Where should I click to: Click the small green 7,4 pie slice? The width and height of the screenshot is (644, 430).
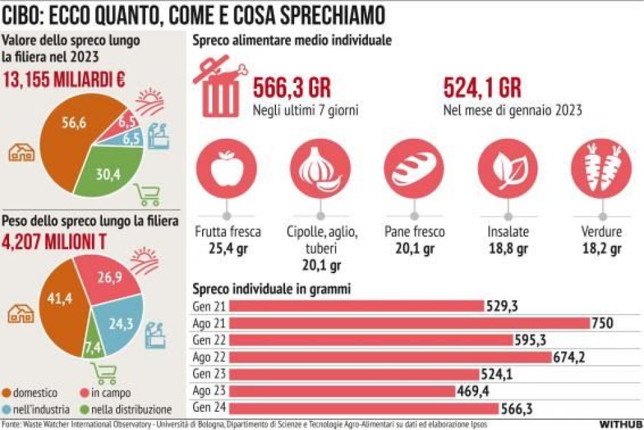[x=93, y=346]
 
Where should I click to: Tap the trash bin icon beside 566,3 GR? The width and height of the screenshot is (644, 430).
[x=220, y=88]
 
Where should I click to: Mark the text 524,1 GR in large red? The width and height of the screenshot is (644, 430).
[x=482, y=88]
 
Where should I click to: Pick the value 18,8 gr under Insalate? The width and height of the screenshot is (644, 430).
[x=508, y=248]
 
